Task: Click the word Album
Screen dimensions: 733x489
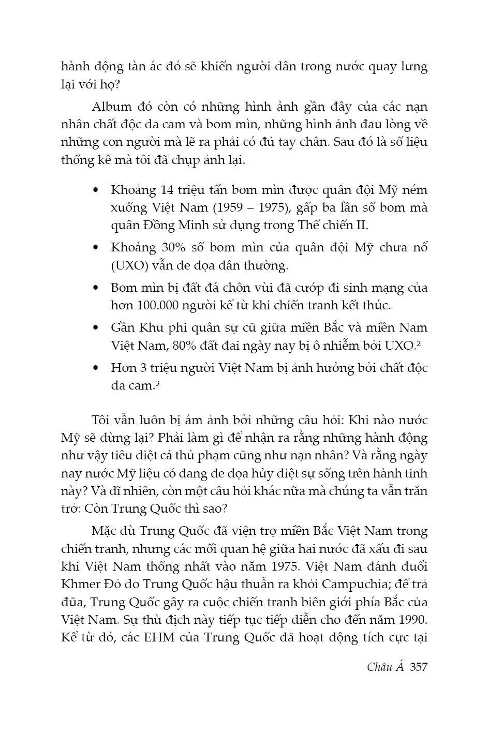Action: click(x=111, y=107)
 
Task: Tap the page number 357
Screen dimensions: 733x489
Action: click(x=418, y=667)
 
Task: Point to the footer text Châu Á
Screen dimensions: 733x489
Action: click(x=385, y=666)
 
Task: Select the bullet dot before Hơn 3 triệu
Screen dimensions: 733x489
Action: click(x=95, y=369)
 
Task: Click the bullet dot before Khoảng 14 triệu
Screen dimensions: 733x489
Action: click(x=95, y=191)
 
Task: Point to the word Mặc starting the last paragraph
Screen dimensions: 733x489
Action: click(x=106, y=531)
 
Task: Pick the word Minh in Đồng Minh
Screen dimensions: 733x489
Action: click(x=194, y=226)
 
